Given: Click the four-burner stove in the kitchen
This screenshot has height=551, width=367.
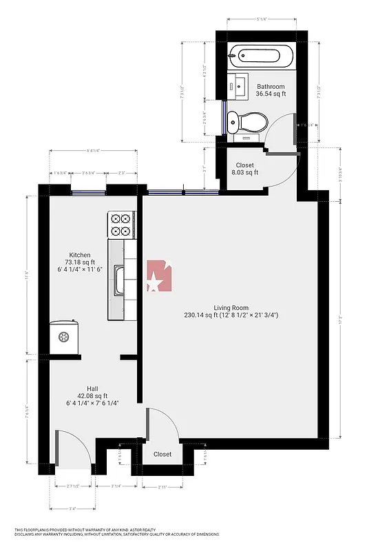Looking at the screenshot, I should coord(120,225).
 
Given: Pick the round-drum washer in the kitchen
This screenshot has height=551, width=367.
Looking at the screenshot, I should coord(64,337).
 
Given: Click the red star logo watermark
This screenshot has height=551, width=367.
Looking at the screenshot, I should coord(158,277).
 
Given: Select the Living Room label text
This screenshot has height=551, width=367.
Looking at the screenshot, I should coord(231,308).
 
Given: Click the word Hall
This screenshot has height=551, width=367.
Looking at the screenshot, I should coord(92,388).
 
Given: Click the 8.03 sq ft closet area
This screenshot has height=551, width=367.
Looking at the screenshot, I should coord(244,173).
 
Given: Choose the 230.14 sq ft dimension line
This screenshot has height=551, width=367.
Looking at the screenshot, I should coord(231,315).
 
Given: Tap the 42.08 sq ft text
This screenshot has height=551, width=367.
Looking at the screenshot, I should coord(92,395).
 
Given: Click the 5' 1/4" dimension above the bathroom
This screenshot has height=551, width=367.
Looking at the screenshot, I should coord(262,20).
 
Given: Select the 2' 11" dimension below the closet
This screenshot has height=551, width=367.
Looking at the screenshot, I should coord(162,487).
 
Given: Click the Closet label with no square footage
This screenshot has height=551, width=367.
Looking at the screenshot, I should coord(162,454).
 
